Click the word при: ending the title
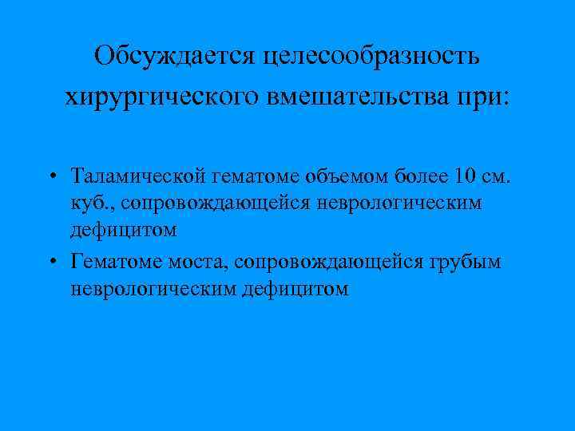482,98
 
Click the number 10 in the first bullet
464,174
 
